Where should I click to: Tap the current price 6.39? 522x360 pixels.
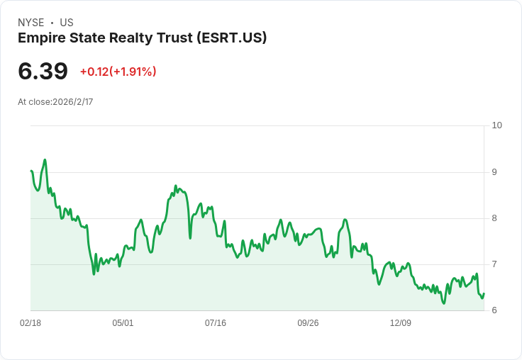[43, 71]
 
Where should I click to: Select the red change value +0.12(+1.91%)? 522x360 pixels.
[118, 72]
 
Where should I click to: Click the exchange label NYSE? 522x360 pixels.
[31, 23]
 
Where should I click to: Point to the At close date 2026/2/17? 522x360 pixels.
[72, 102]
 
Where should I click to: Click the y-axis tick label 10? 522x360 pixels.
[496, 125]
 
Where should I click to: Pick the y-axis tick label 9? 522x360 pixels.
[494, 171]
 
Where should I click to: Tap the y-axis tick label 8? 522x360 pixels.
[494, 218]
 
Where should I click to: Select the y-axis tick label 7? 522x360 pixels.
[494, 264]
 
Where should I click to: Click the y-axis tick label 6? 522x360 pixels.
[494, 310]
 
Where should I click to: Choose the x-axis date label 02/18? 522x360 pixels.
[30, 323]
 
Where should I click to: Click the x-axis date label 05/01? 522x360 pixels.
[123, 323]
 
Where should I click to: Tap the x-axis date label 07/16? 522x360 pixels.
[216, 323]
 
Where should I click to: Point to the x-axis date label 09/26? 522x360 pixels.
[308, 323]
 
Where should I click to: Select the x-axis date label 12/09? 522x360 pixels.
[401, 323]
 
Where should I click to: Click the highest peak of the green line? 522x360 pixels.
[45, 160]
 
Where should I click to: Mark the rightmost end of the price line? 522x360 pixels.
[484, 293]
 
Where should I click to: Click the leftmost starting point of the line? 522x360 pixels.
[31, 171]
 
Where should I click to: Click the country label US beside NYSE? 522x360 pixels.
[67, 23]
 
